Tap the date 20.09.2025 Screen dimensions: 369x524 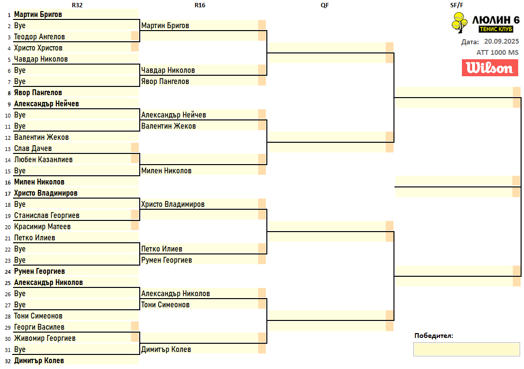point(501,42)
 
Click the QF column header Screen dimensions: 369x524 point(326,5)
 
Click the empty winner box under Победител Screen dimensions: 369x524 point(466,349)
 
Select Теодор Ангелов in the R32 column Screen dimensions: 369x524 point(39,37)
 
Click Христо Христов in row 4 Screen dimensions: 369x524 point(38,48)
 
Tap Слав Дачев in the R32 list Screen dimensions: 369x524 point(33,149)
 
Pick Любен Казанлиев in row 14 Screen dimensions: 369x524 point(44,160)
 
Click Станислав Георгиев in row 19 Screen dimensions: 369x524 point(47,216)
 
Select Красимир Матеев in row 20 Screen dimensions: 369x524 point(42,227)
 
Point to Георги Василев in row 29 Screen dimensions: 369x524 point(39,327)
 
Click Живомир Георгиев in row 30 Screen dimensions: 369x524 point(45,338)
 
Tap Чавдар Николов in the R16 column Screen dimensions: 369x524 point(168,70)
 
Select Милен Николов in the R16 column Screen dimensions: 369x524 point(166,171)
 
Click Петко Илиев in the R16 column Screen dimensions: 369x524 point(162,249)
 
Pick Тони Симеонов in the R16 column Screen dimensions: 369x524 point(165,305)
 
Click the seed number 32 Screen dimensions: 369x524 point(7,361)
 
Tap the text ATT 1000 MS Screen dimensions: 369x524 point(497,52)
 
